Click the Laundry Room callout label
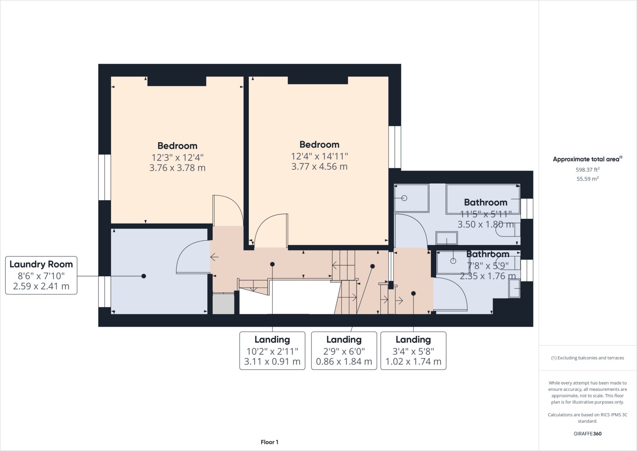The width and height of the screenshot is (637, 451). pos(41,275)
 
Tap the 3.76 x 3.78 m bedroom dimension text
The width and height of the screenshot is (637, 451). pos(177,168)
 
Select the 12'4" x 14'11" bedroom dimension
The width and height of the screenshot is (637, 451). pos(319,156)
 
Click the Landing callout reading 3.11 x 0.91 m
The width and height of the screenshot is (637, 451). pos(272,351)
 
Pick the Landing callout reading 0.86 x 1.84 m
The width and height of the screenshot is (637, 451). pos(344,351)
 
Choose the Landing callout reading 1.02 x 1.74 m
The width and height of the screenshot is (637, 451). pos(413,351)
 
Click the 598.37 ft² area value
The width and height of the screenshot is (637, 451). pos(587,170)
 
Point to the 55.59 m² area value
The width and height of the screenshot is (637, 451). pos(587,179)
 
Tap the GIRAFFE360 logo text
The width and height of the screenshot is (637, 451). pos(587,434)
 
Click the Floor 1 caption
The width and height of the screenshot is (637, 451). pos(269,442)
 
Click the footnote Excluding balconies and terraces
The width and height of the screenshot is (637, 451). pos(587,358)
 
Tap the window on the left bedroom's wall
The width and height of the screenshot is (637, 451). pos(105,177)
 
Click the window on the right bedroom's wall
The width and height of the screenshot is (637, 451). pos(395,147)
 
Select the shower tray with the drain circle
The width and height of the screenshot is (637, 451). pos(411,198)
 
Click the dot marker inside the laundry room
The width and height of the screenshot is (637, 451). pos(144,276)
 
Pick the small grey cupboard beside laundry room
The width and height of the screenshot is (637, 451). pos(223,303)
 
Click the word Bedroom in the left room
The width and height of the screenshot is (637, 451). pos(177,146)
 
